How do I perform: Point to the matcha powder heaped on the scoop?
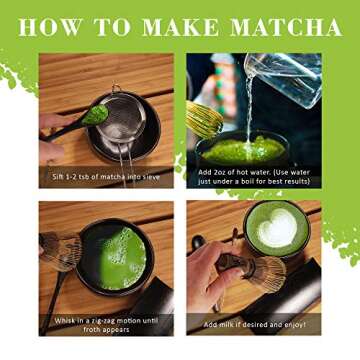[95, 115]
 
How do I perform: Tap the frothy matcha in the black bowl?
[122, 258]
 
